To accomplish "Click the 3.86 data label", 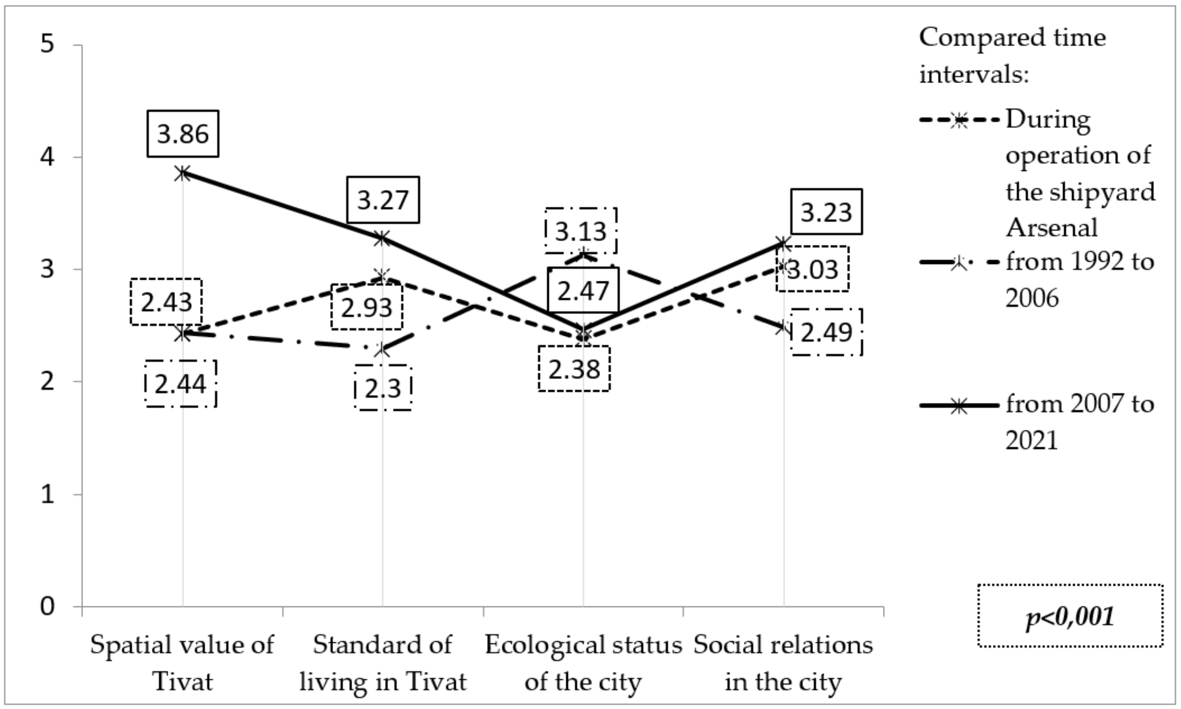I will coord(183,134).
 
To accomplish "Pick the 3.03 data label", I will coord(812,269).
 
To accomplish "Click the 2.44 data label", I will coord(180,384).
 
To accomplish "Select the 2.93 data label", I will coord(366,307).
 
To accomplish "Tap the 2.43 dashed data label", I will coord(166,302).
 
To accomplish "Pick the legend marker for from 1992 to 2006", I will coord(959,262).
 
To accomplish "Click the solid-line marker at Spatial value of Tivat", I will coord(183,173).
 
